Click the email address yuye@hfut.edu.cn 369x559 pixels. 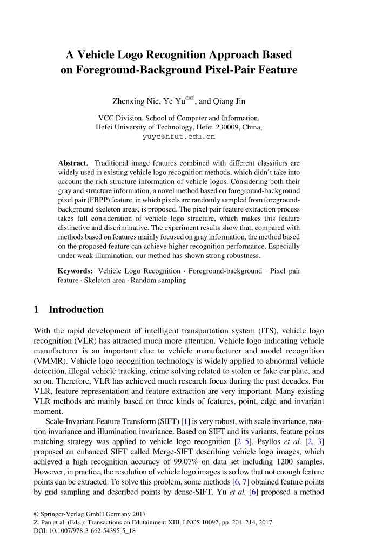(179, 137)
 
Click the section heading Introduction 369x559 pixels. (76, 310)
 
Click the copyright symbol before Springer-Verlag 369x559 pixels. (36, 514)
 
